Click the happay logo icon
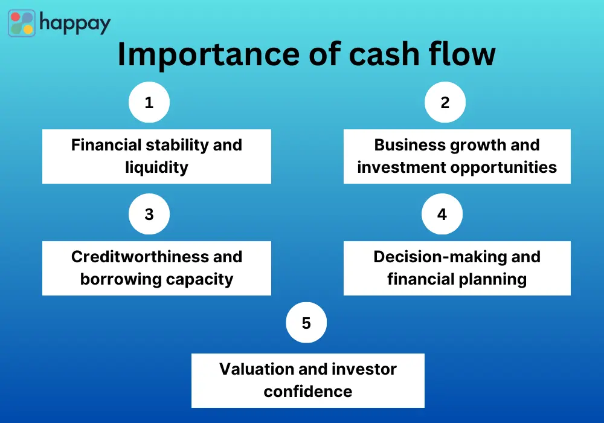(22, 23)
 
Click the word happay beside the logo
(75, 24)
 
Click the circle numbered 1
(149, 103)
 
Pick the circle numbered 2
(445, 103)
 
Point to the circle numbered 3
(149, 215)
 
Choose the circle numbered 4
(442, 215)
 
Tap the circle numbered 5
(306, 323)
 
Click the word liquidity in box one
(156, 167)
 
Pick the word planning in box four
(493, 279)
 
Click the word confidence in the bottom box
(307, 391)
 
